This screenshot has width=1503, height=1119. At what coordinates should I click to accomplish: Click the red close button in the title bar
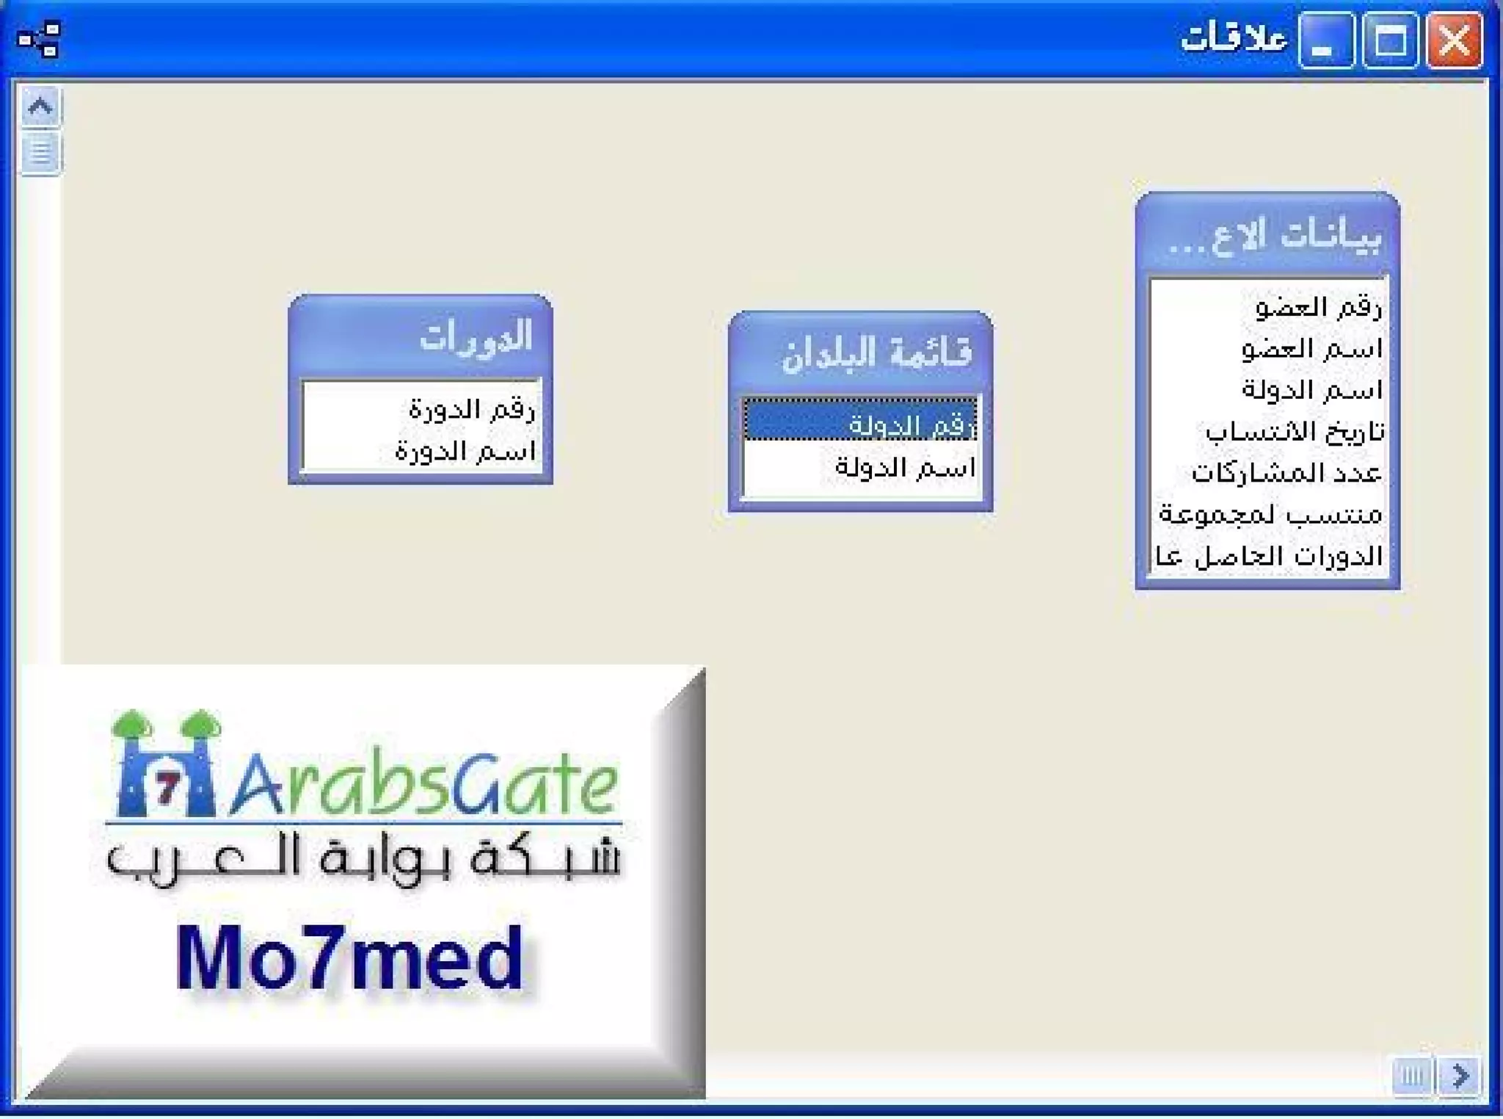pos(1454,40)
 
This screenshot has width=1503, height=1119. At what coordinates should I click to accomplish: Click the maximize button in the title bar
pos(1390,40)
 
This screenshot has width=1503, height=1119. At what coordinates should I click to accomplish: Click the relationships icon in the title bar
pos(39,39)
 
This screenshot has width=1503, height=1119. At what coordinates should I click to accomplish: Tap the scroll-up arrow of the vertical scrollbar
pos(40,107)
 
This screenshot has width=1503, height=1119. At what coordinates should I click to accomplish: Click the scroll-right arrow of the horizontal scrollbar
pos(1460,1076)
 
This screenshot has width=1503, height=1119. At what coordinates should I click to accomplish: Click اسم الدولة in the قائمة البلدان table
pos(904,467)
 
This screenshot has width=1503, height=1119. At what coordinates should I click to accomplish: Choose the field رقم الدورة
pos(472,408)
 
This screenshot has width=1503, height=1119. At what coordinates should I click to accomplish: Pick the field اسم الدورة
pos(465,450)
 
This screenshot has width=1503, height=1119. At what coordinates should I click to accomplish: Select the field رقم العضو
pos(1318,307)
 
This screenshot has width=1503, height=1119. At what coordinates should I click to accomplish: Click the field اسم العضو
pos(1311,349)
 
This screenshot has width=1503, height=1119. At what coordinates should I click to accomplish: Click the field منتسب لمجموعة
pos(1270,515)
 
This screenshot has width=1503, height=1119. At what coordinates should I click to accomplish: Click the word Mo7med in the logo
pos(349,958)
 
